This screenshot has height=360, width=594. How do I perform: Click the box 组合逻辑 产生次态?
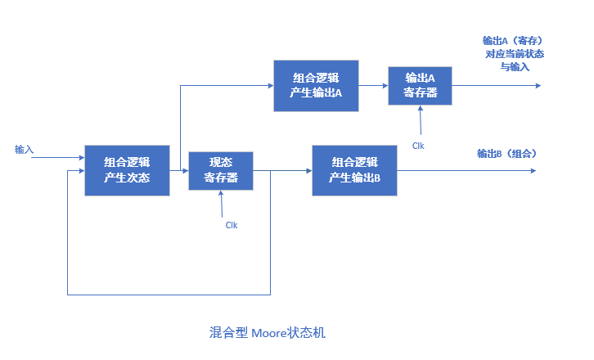click(127, 170)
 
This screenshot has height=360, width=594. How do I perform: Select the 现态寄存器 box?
click(221, 170)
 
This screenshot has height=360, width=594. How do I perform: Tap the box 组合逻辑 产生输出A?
click(316, 86)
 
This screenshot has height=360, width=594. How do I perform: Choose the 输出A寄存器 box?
click(420, 86)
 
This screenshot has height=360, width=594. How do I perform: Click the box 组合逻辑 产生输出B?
click(355, 170)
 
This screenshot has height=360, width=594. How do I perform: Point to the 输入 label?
click(24, 150)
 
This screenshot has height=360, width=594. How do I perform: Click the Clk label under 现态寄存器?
click(232, 224)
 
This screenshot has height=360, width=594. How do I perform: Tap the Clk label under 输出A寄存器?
click(418, 146)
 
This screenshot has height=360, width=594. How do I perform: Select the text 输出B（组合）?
click(507, 154)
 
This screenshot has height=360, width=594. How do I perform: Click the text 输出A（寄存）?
click(514, 40)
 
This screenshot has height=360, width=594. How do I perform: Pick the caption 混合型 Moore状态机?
click(268, 333)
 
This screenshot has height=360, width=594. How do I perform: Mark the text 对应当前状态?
click(515, 54)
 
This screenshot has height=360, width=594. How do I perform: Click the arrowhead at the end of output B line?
click(532, 170)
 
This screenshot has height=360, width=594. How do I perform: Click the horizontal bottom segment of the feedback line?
click(168, 294)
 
